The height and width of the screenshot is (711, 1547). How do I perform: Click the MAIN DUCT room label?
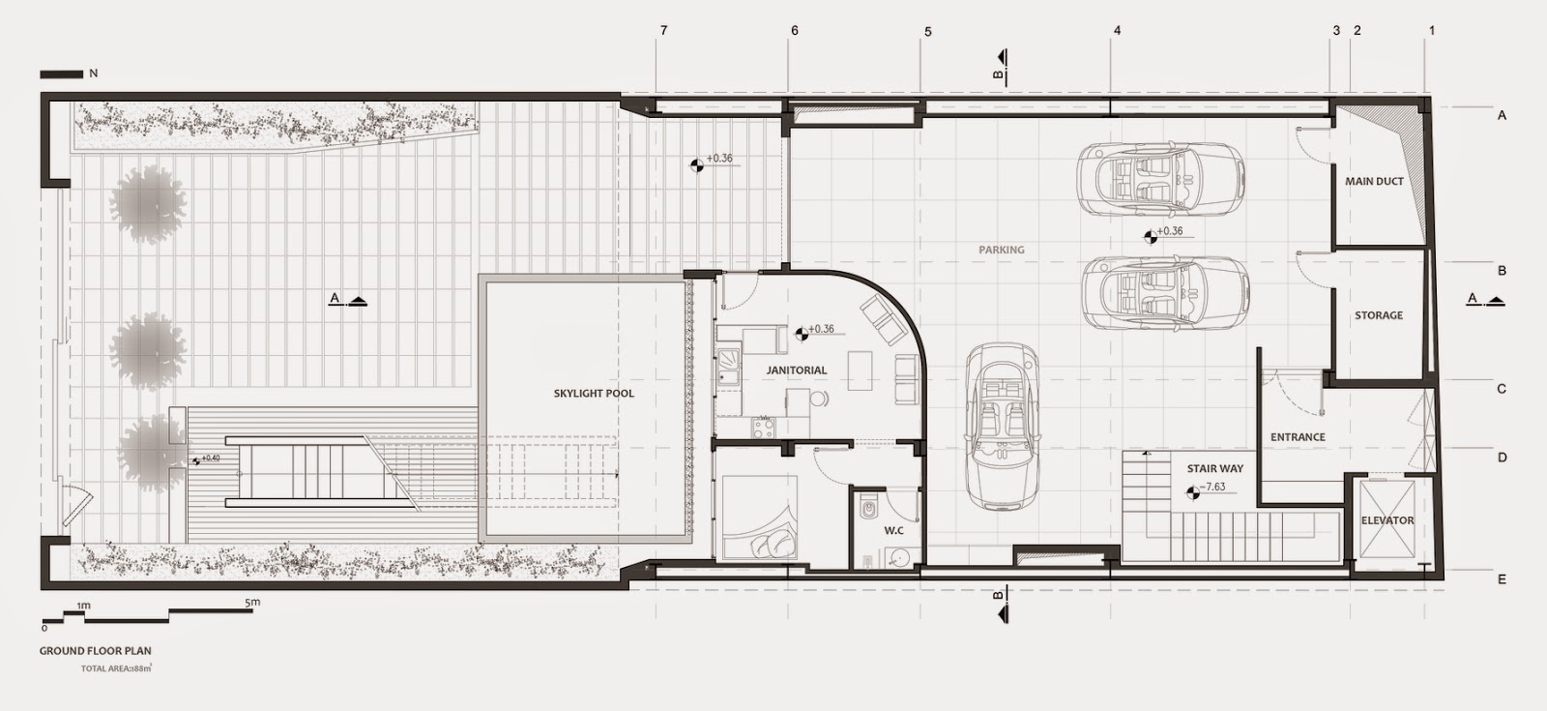pyautogui.click(x=1374, y=182)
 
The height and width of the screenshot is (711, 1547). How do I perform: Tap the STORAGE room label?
pyautogui.click(x=1378, y=315)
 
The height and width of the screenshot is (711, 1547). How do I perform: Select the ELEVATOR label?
pyautogui.click(x=1387, y=520)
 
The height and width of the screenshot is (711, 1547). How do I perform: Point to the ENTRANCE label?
pyautogui.click(x=1298, y=437)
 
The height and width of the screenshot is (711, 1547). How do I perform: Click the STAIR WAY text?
pyautogui.click(x=1215, y=469)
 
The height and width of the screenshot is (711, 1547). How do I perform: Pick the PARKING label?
pyautogui.click(x=1001, y=251)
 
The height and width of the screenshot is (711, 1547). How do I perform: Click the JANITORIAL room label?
pyautogui.click(x=797, y=370)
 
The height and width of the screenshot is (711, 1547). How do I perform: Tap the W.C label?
pyautogui.click(x=893, y=531)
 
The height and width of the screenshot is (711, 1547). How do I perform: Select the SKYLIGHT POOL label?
pyautogui.click(x=594, y=394)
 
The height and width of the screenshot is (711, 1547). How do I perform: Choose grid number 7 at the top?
pyautogui.click(x=663, y=31)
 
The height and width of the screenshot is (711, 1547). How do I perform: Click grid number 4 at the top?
pyautogui.click(x=1117, y=31)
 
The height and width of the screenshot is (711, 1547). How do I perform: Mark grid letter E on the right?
pyautogui.click(x=1502, y=580)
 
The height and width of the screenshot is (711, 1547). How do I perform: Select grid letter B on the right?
pyautogui.click(x=1502, y=271)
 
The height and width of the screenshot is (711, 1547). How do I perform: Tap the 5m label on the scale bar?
pyautogui.click(x=252, y=604)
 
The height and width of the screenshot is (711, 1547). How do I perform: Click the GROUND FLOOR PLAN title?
pyautogui.click(x=95, y=651)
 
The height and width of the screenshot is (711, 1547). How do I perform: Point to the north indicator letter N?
pyautogui.click(x=93, y=74)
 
